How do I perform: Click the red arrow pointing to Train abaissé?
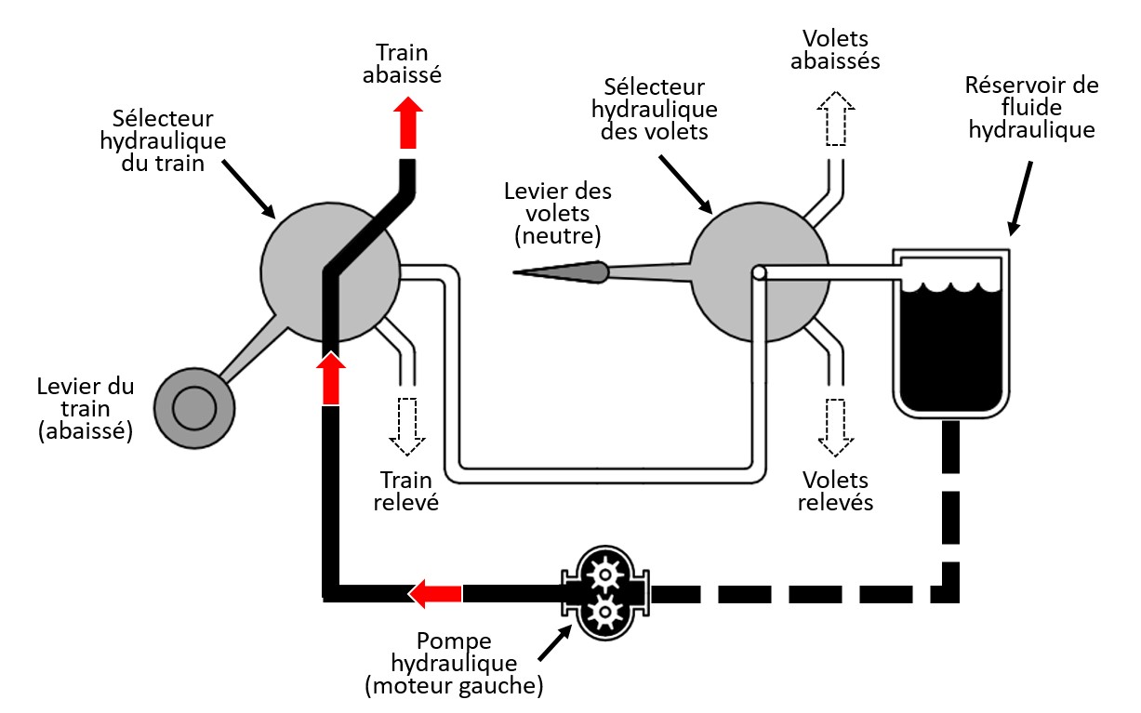[x=407, y=124]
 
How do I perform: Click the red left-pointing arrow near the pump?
[x=436, y=593]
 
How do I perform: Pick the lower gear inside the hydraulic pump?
[x=605, y=612]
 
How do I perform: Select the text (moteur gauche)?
[x=454, y=688]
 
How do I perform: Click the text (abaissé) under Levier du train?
[x=85, y=430]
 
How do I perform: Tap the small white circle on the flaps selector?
[x=759, y=272]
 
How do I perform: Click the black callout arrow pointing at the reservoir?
[x=1019, y=196]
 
